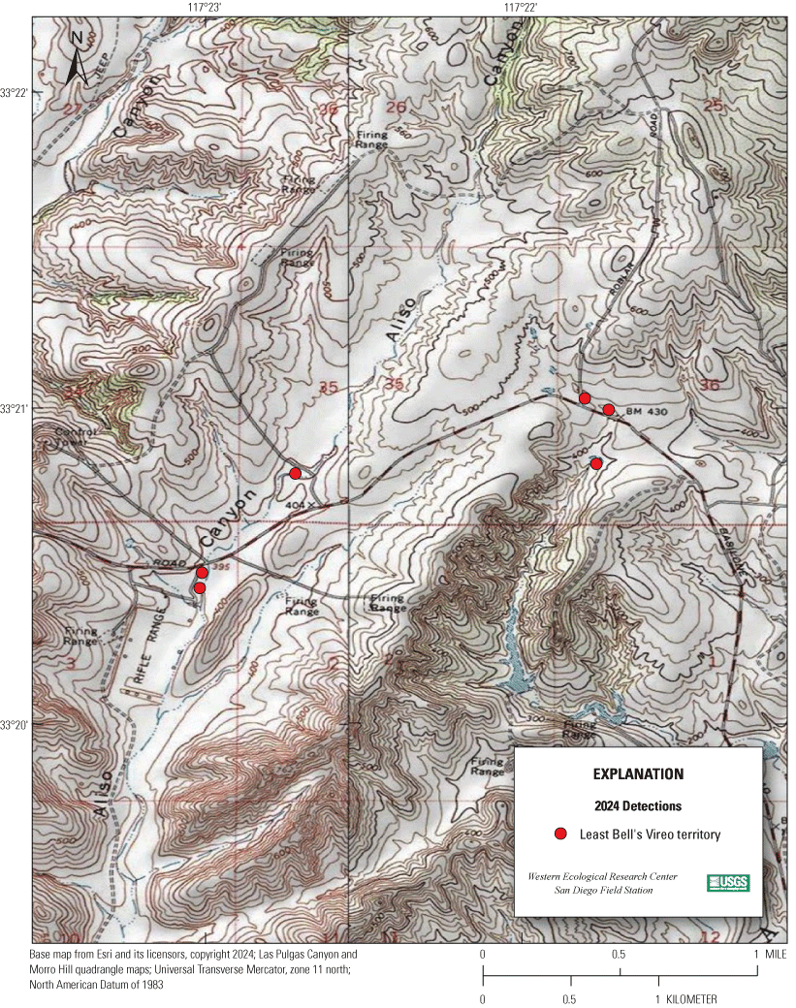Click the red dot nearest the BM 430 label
click(609, 410)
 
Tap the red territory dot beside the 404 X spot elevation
click(296, 473)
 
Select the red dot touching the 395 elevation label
click(202, 573)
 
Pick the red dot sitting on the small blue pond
click(596, 464)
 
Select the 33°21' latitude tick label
click(16, 408)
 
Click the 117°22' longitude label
click(522, 7)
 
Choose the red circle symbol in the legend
click(559, 834)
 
